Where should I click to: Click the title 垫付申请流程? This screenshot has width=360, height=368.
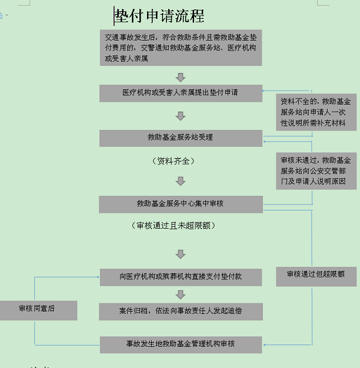159,16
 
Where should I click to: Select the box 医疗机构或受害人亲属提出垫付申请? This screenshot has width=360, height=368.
181,93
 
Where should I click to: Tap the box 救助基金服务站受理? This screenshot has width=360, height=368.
181,138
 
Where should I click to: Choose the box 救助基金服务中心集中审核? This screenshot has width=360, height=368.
181,204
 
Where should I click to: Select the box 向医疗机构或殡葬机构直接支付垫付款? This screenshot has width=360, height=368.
181,276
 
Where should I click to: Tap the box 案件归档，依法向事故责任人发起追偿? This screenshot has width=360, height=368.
181,311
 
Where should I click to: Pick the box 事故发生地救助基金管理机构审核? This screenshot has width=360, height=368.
181,344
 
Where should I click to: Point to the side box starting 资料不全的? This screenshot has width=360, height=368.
316,112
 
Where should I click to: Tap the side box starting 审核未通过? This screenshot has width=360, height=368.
316,170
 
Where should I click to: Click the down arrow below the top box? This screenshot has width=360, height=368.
181,77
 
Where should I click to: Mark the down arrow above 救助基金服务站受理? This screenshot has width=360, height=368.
181,116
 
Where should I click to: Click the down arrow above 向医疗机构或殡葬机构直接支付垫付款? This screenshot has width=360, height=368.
181,254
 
